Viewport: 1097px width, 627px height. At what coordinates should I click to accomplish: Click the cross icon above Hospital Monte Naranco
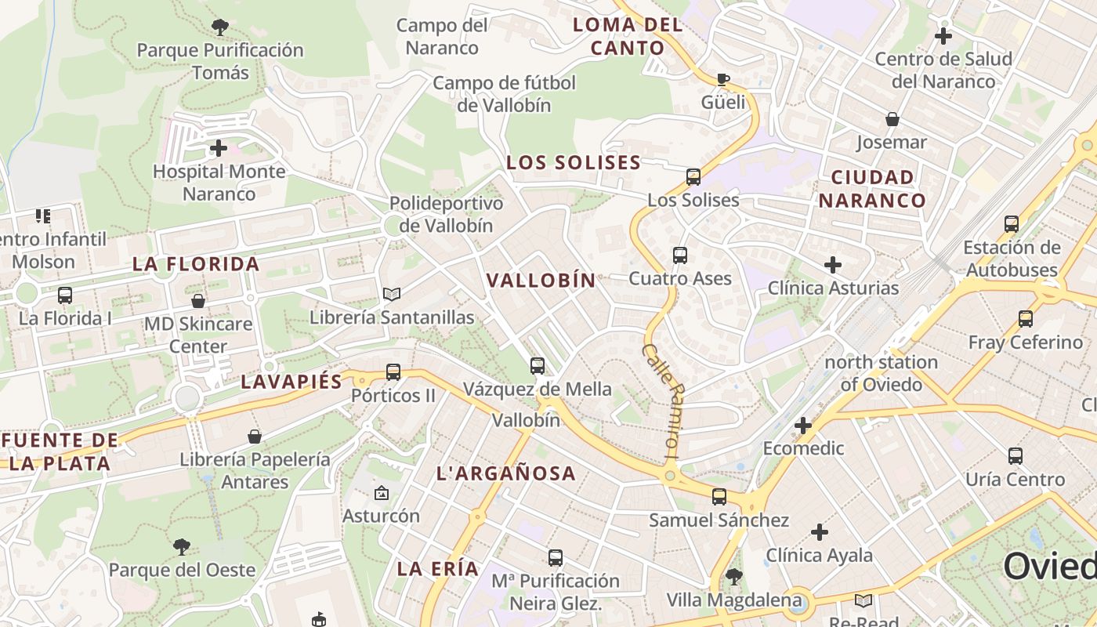click(219, 147)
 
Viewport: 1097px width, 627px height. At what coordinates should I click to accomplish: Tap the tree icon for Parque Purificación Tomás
click(220, 27)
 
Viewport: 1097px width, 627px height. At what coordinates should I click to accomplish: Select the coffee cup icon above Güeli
click(723, 79)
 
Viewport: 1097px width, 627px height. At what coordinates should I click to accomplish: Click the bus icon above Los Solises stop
click(693, 177)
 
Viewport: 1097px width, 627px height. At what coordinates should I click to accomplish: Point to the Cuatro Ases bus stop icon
click(680, 256)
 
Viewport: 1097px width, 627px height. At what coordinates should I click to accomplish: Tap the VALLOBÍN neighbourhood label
click(541, 281)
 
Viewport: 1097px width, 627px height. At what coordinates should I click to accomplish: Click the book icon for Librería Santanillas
click(392, 294)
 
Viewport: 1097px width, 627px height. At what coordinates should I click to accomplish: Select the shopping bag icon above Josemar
click(892, 119)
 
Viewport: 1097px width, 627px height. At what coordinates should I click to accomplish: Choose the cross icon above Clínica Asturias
click(833, 265)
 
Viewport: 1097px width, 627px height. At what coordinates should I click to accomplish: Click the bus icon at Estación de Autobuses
click(1012, 224)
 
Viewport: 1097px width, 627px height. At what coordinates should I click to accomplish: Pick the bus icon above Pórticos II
click(393, 372)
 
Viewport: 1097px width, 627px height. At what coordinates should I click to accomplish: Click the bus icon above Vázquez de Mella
click(538, 365)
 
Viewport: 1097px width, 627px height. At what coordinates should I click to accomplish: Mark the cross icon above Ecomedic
click(803, 426)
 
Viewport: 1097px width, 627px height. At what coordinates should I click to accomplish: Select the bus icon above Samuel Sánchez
click(719, 497)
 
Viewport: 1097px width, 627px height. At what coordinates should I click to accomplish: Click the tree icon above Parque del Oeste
click(182, 546)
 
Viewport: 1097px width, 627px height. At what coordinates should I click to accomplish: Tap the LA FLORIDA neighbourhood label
click(196, 264)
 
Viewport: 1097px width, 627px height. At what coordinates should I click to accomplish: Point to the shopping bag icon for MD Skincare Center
click(198, 301)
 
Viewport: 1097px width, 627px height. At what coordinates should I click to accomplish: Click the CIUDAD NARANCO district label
click(873, 189)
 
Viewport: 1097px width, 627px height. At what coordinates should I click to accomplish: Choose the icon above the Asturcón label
click(382, 493)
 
